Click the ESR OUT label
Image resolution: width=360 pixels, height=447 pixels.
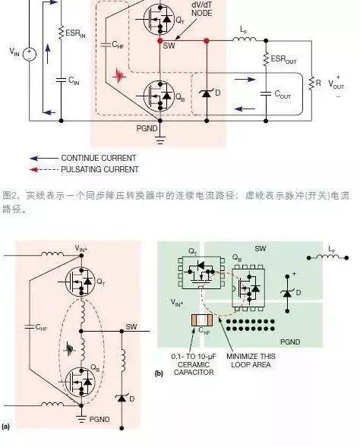click(283, 58)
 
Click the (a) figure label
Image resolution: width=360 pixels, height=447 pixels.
click(6, 427)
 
